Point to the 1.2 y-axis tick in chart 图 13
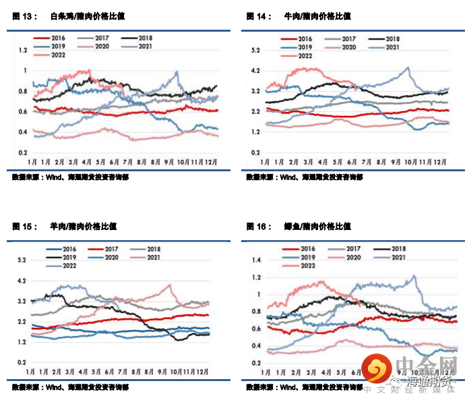(x=23, y=50)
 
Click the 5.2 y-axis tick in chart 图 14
(x=255, y=51)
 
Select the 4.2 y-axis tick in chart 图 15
(x=22, y=281)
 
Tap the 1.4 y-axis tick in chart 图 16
(x=255, y=260)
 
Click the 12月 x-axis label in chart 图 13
(x=210, y=162)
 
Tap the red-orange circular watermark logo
(x=377, y=370)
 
